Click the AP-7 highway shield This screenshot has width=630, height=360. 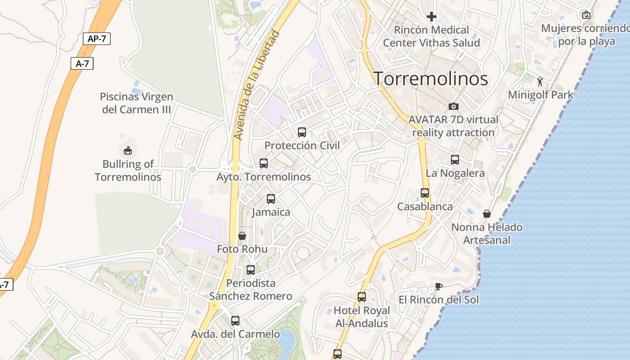[97, 39]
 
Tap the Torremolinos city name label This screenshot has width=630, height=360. [431, 79]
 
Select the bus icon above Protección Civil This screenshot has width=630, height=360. [302, 132]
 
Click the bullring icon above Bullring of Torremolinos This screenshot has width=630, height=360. [128, 150]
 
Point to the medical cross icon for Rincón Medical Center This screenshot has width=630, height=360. [432, 17]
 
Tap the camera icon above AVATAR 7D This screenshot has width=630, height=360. [454, 107]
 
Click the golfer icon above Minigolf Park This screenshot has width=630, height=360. [540, 81]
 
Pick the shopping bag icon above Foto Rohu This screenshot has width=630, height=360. [242, 236]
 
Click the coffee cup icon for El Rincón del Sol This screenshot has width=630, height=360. [439, 287]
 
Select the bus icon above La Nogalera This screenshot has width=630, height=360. [455, 160]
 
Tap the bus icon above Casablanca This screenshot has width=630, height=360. [425, 193]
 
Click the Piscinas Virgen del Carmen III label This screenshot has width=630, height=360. [136, 103]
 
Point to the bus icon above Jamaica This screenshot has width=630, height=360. [271, 199]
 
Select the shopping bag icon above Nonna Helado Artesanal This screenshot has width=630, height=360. [486, 214]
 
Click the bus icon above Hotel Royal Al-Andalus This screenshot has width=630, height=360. [362, 297]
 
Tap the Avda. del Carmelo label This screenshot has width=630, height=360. [235, 334]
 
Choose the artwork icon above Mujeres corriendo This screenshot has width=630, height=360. [586, 15]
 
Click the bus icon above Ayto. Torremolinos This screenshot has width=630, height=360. [264, 163]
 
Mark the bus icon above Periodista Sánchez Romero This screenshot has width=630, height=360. [251, 270]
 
